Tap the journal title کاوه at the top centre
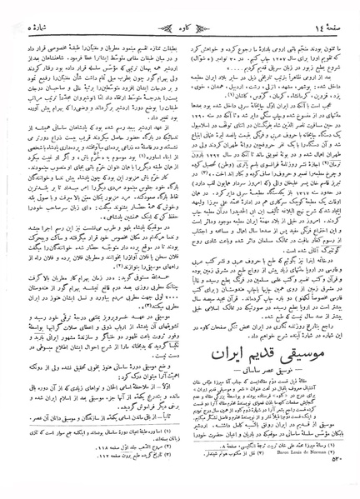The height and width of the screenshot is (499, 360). [179, 15]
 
